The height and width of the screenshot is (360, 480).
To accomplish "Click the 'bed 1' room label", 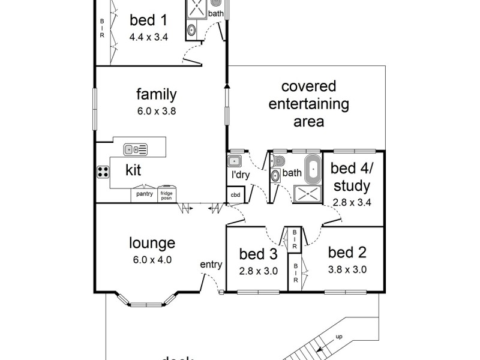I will click(x=148, y=20).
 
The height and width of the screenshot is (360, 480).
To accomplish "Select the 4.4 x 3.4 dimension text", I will click(x=148, y=37).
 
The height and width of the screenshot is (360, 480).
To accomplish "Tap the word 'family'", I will click(x=156, y=94).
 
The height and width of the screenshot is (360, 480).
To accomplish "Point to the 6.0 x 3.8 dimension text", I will click(x=156, y=110).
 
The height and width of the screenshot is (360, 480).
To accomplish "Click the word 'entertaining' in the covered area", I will click(x=308, y=104).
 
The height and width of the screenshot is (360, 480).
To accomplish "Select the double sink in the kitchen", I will click(x=136, y=149).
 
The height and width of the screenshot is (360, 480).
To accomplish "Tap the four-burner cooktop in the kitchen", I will click(x=103, y=171).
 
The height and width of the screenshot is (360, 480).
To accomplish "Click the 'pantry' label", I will click(x=144, y=194).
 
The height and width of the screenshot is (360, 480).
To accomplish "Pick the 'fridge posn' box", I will click(x=167, y=195).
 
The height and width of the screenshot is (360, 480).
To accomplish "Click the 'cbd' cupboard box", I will click(x=234, y=195).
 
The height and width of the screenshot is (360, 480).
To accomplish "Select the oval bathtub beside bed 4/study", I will click(x=313, y=169).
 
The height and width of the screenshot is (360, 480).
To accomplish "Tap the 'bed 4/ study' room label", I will click(x=352, y=177).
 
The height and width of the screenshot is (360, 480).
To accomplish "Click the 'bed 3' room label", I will click(x=257, y=253).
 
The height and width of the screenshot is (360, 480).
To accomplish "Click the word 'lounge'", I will click(x=152, y=243).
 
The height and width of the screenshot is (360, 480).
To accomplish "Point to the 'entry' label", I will click(x=212, y=264).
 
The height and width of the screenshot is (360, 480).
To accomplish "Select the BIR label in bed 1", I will click(x=101, y=27).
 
